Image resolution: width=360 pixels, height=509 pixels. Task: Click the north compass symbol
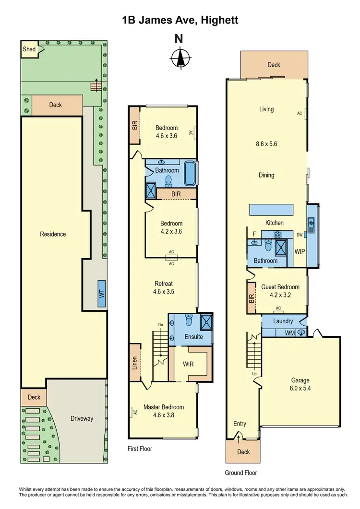[180, 59]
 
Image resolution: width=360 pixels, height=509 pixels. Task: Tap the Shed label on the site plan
[29, 49]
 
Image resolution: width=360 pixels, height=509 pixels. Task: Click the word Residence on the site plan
[53, 234]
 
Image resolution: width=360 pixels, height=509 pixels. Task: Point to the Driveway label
[82, 418]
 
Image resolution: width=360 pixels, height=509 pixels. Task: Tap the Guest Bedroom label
[280, 287]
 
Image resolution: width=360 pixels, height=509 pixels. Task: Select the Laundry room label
[283, 321]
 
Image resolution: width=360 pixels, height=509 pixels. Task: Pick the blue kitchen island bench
[271, 210]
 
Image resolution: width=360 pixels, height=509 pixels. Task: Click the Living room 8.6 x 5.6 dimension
[266, 143]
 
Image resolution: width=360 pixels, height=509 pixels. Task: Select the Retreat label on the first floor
[163, 284]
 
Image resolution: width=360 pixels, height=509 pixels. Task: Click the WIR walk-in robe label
[188, 364]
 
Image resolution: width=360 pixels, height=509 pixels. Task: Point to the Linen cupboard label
[135, 363]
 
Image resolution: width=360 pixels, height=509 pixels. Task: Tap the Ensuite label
[193, 337]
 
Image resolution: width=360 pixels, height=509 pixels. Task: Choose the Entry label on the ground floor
[240, 424]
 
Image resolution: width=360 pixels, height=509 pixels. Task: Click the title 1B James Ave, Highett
[180, 20]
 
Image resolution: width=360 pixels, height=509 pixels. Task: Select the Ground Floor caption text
[241, 473]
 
